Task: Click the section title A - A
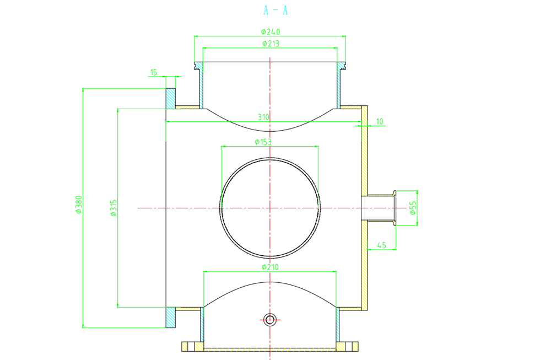(276, 10)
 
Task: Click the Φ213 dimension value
(271, 42)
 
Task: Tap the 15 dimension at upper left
(154, 72)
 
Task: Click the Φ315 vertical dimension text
(114, 208)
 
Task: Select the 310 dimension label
(263, 117)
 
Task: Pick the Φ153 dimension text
(263, 142)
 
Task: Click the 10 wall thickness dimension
(380, 121)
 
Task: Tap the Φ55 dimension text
(413, 207)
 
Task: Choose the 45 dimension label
(381, 245)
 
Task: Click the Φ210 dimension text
(271, 267)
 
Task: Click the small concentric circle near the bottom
(270, 319)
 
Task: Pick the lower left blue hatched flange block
(171, 318)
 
